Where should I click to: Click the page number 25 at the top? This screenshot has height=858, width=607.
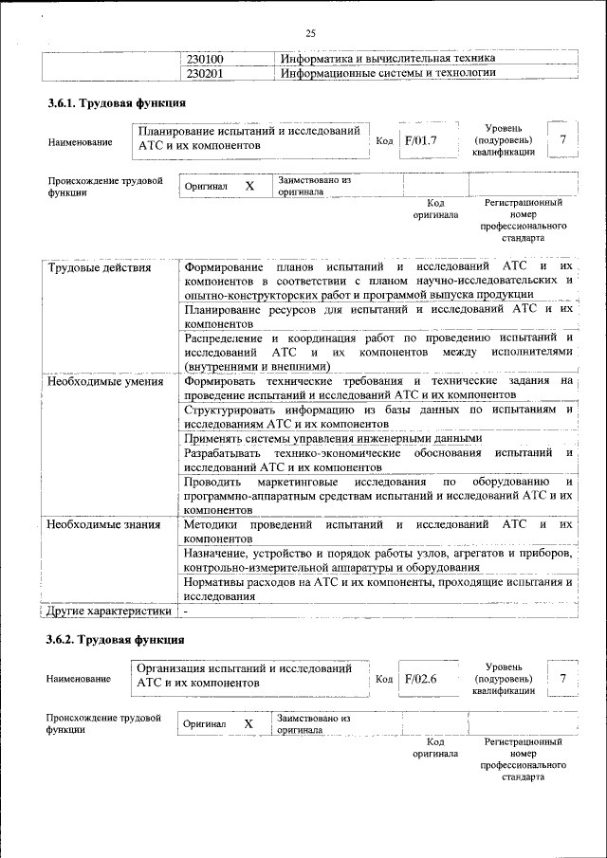point(310,33)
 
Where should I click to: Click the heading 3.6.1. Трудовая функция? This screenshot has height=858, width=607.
point(116,102)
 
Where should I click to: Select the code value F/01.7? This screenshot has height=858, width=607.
point(420,140)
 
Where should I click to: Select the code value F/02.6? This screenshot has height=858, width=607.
point(420,679)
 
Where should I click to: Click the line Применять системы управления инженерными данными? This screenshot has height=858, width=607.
point(333,439)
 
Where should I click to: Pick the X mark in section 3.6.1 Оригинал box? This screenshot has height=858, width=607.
point(249,186)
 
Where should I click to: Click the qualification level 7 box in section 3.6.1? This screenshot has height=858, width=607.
point(563,140)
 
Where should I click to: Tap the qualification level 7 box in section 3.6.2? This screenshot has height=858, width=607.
point(563,679)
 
